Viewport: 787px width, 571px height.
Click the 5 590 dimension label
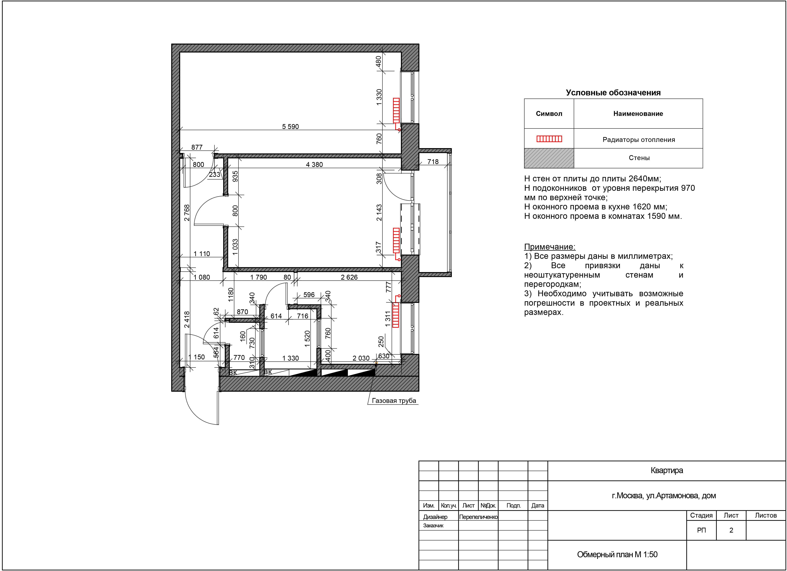point(291,127)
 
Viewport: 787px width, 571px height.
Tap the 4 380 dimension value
point(314,164)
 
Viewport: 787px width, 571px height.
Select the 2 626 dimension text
point(349,277)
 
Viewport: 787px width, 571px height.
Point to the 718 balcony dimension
point(433,162)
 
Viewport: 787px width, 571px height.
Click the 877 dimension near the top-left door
point(197,147)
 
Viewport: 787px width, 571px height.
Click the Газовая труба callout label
point(394,401)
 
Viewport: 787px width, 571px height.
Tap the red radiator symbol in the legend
point(549,139)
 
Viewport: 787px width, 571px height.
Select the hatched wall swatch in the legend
point(549,158)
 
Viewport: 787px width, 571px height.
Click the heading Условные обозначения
point(613,93)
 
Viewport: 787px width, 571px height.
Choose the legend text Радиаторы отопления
point(639,140)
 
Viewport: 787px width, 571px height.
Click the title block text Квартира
point(667,470)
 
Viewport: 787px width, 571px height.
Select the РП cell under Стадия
point(701,530)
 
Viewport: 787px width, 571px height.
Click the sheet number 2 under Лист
point(731,530)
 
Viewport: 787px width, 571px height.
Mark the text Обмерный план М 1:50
point(617,554)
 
